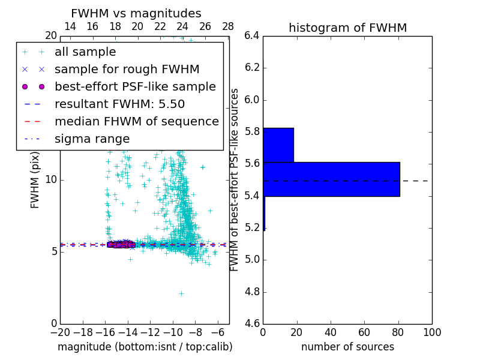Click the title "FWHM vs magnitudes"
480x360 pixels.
136,14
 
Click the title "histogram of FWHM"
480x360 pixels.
347,28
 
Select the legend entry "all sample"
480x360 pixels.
85,52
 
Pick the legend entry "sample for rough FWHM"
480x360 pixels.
127,70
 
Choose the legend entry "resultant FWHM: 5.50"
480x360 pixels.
119,104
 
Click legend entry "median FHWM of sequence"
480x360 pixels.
136,122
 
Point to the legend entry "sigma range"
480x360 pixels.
92,139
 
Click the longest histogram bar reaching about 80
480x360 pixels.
331,179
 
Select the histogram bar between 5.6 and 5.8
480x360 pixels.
278,145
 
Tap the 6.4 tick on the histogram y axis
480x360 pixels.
252,35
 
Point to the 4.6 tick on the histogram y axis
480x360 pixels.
252,324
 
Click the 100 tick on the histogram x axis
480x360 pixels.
432,332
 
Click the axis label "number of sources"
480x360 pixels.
347,347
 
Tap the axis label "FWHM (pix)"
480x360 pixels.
35,180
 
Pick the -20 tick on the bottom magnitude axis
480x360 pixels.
60,332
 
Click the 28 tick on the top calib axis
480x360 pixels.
228,26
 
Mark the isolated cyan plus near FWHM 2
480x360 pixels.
181,293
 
